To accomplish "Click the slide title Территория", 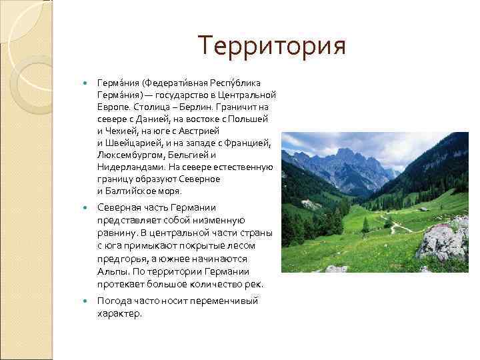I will coord(272,47).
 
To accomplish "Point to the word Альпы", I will coord(112,271).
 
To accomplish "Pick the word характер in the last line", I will coord(119,313).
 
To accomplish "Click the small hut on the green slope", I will coord(423,209).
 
